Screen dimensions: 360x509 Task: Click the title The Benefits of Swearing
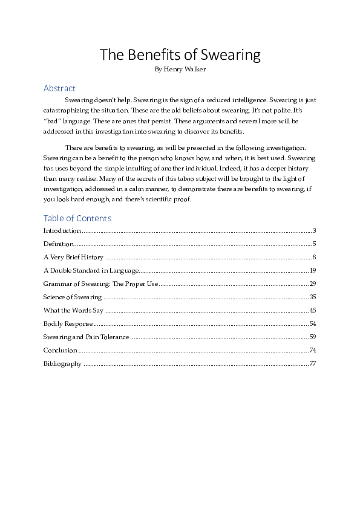pos(180,55)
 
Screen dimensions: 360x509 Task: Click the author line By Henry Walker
pos(180,70)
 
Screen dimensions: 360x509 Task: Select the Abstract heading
pos(59,88)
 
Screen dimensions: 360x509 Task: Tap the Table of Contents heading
pos(77,218)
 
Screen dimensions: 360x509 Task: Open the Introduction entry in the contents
pos(62,231)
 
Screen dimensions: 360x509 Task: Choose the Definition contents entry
pos(58,244)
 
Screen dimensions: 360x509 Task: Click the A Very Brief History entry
pos(73,258)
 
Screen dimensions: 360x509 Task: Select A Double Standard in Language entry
pos(91,271)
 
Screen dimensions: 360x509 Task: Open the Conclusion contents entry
pos(61,351)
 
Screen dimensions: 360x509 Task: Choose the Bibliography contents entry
pos(62,364)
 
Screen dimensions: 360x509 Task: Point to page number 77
pos(313,364)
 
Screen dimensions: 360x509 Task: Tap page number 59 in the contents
pos(313,337)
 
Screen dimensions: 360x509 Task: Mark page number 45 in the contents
pos(313,311)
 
